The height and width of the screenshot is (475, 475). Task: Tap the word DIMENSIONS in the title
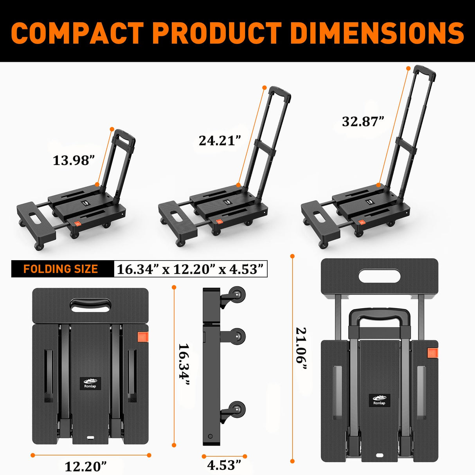(x=377, y=33)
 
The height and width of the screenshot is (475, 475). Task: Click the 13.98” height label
(x=74, y=160)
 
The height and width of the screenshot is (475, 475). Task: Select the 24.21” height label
(x=220, y=140)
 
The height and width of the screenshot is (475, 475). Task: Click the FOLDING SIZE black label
(x=61, y=269)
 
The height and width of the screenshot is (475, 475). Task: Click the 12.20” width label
(x=85, y=466)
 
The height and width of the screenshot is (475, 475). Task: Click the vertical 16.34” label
(x=184, y=365)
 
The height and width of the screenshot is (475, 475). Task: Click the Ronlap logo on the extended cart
(x=379, y=400)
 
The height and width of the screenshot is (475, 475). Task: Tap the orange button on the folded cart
(x=143, y=338)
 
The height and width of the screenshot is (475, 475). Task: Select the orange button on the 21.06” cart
(x=432, y=353)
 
